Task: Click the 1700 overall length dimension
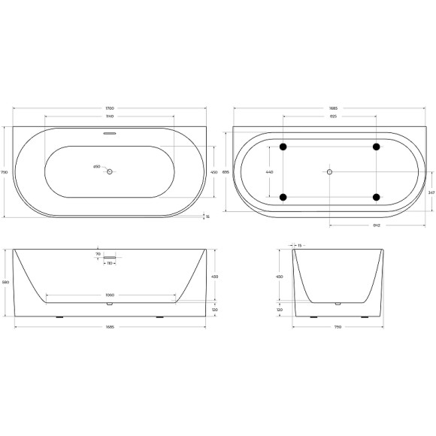(110, 109)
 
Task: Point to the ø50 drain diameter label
(96, 167)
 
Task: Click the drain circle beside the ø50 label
(110, 172)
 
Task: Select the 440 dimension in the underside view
(271, 172)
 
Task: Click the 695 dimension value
(226, 172)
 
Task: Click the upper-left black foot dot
(283, 146)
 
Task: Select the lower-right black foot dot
(376, 198)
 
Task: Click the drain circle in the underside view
(329, 172)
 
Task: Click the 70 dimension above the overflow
(98, 255)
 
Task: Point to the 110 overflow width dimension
(109, 264)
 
